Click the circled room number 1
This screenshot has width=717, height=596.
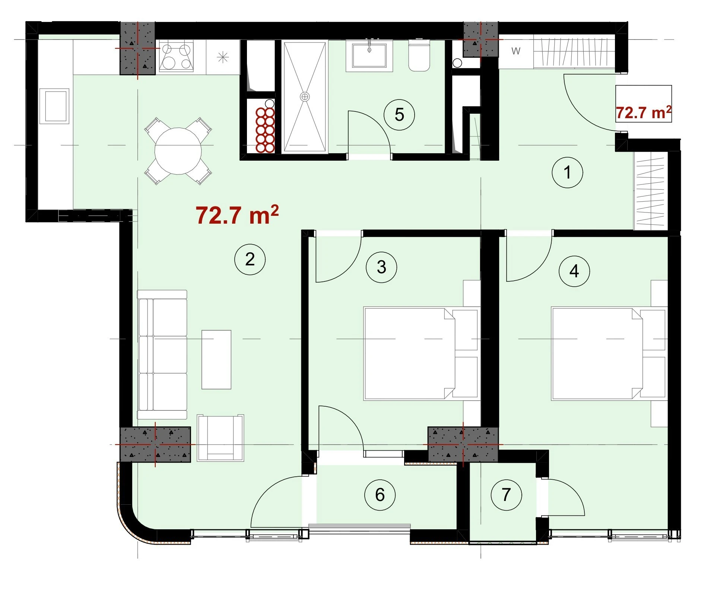567,173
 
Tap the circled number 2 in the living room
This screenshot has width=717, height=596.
250,259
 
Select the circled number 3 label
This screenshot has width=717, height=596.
381,267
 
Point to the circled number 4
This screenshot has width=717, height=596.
574,271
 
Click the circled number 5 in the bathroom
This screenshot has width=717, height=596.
399,114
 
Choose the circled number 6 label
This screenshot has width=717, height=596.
380,495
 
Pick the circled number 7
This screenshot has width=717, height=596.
506,495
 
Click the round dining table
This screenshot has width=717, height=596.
178,151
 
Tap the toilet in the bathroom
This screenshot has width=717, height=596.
419,56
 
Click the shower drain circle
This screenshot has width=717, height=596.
305,97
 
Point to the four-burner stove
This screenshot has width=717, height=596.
176,57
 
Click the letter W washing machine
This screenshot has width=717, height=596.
516,51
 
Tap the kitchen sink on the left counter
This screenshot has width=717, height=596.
54,106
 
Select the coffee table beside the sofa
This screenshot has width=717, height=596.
216,359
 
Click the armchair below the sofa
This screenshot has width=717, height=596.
221,438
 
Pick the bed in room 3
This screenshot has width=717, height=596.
421,354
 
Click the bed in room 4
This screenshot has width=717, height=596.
609,354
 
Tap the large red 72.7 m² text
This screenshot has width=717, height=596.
237,215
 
